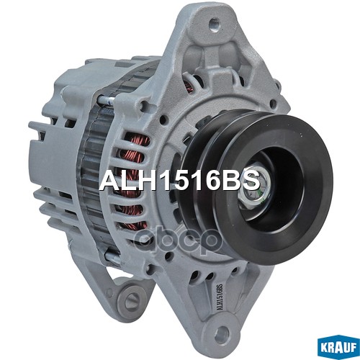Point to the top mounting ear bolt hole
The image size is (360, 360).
214,24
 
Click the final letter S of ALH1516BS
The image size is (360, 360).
250,180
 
